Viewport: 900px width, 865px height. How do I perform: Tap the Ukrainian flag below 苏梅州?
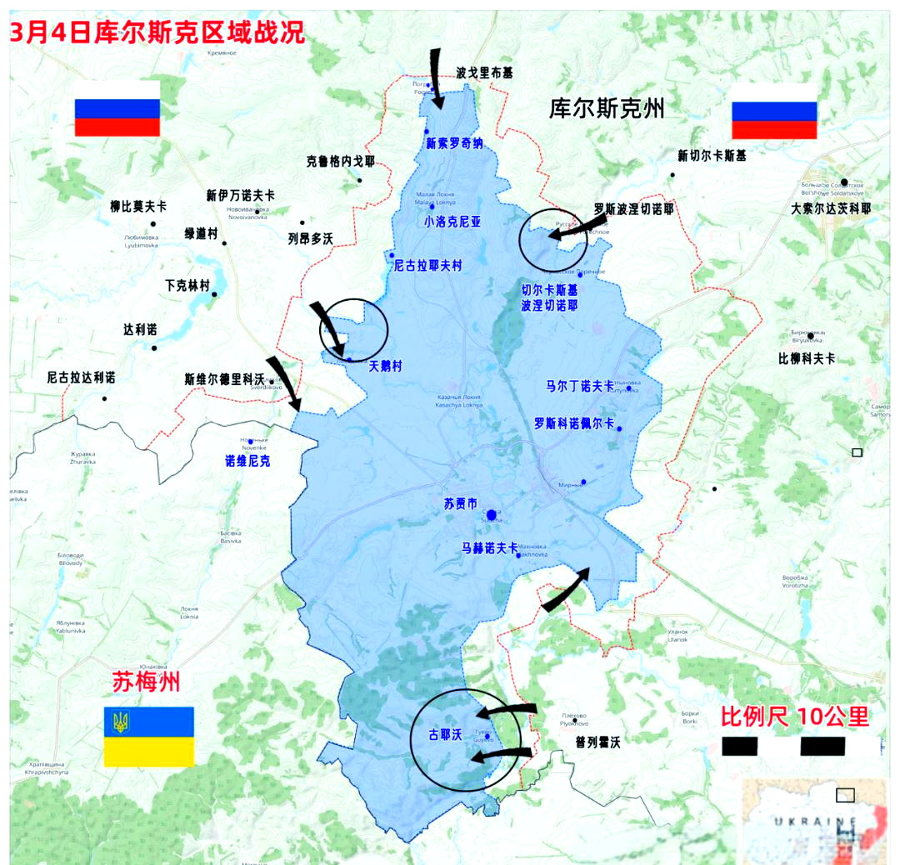coord(148,736)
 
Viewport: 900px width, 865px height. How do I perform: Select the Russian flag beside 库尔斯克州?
coord(773,111)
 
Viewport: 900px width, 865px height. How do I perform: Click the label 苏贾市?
coord(461,504)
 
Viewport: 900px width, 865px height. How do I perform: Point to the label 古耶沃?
coord(444,735)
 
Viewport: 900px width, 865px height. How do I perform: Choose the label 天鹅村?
coord(385,366)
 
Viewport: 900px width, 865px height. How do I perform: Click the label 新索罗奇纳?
coord(454,143)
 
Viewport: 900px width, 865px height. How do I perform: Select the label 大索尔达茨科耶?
coord(831,209)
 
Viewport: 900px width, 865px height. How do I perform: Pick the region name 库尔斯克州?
coord(607,108)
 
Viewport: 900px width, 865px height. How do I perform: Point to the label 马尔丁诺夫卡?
coord(579,386)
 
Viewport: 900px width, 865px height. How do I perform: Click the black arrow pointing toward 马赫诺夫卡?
coord(566,588)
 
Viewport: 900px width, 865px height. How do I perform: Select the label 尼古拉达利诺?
coord(81,377)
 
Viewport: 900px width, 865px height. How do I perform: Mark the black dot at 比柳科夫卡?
coord(810,336)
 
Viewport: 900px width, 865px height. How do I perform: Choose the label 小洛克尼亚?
coord(452,222)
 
